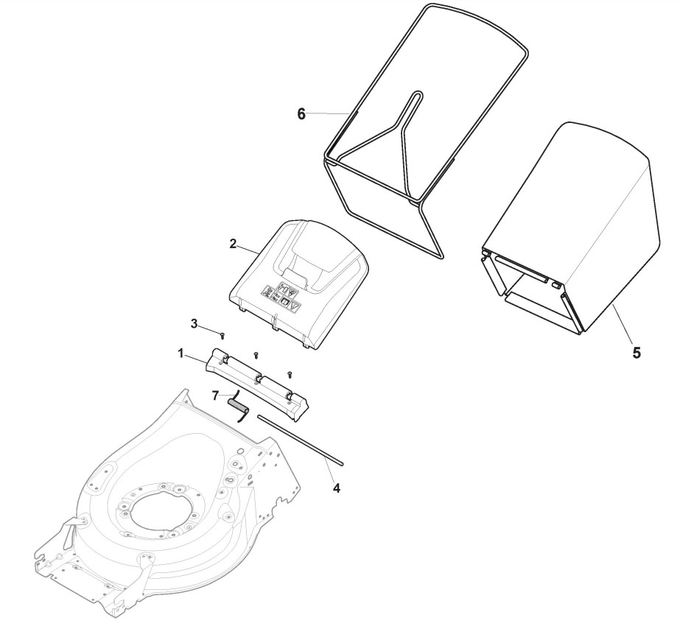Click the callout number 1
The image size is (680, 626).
pos(180,354)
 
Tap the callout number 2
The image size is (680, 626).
pos(233,245)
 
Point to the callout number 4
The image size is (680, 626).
pos(337,487)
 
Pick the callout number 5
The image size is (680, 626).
pos(636,351)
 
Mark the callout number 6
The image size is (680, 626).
pos(301,114)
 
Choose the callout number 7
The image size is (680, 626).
pos(216,395)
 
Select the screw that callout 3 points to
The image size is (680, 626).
pos(222,334)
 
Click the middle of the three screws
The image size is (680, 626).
pos(255,355)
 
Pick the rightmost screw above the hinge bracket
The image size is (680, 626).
pos(290,375)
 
